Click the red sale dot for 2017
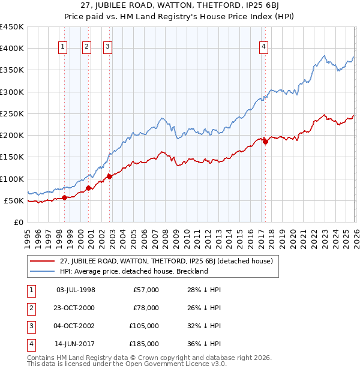click(265, 142)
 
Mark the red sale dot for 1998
click(64, 197)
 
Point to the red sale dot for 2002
click(109, 176)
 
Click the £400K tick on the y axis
click(12, 49)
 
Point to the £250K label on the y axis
click(12, 113)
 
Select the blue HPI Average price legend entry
click(133, 271)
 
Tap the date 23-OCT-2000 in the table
click(75, 308)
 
